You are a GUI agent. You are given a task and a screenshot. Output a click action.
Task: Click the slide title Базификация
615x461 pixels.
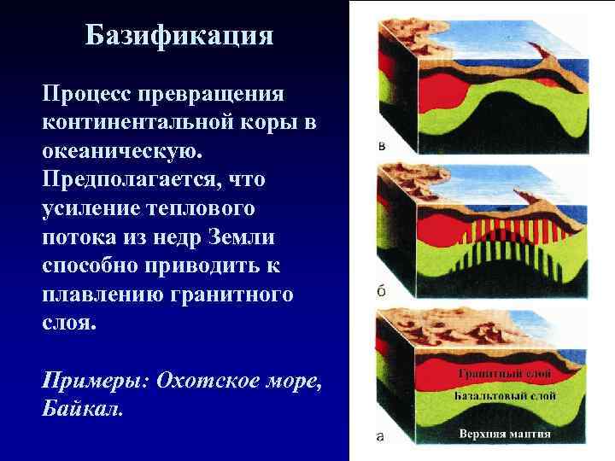(179, 36)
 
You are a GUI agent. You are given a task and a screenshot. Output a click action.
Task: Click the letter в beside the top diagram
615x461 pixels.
(381, 146)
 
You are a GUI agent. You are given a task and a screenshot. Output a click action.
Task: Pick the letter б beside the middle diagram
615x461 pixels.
(381, 290)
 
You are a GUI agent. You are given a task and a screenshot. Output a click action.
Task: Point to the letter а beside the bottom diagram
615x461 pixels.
(381, 437)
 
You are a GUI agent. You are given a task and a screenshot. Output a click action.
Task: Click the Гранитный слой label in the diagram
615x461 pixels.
(504, 373)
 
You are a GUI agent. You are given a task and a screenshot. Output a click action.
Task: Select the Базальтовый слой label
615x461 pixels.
(506, 395)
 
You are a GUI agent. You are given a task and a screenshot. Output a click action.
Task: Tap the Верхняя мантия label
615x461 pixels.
(506, 434)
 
